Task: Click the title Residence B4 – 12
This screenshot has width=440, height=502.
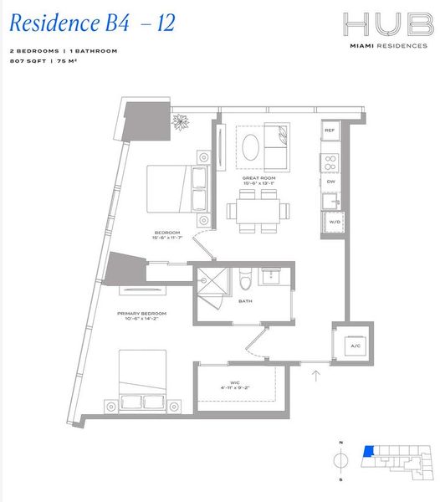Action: point(92,23)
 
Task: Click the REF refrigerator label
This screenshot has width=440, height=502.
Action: point(330,131)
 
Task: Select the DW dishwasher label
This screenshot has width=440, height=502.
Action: point(330,182)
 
